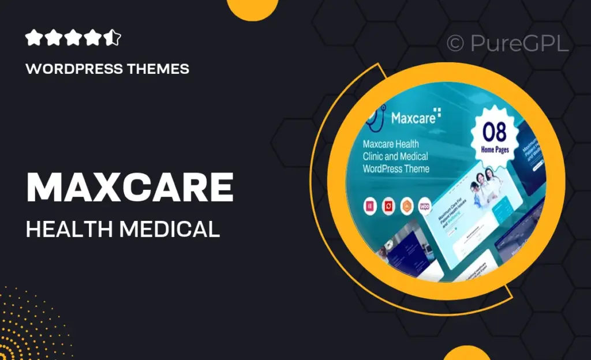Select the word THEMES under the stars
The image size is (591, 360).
[x=159, y=69]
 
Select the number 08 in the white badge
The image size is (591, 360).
[x=495, y=133]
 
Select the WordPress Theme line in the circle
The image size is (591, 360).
[x=396, y=169]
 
